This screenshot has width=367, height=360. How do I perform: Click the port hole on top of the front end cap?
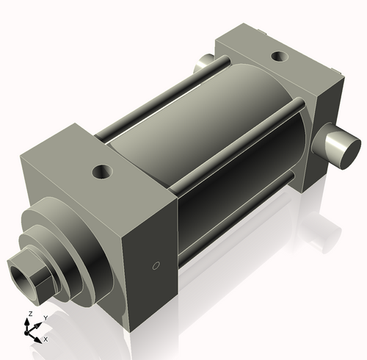[101, 173]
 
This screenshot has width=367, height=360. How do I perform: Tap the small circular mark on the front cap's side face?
[155, 265]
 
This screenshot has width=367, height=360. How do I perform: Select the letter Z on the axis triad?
[29, 314]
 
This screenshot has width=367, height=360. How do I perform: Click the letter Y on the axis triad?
[46, 317]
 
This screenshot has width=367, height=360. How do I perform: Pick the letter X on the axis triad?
[46, 339]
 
